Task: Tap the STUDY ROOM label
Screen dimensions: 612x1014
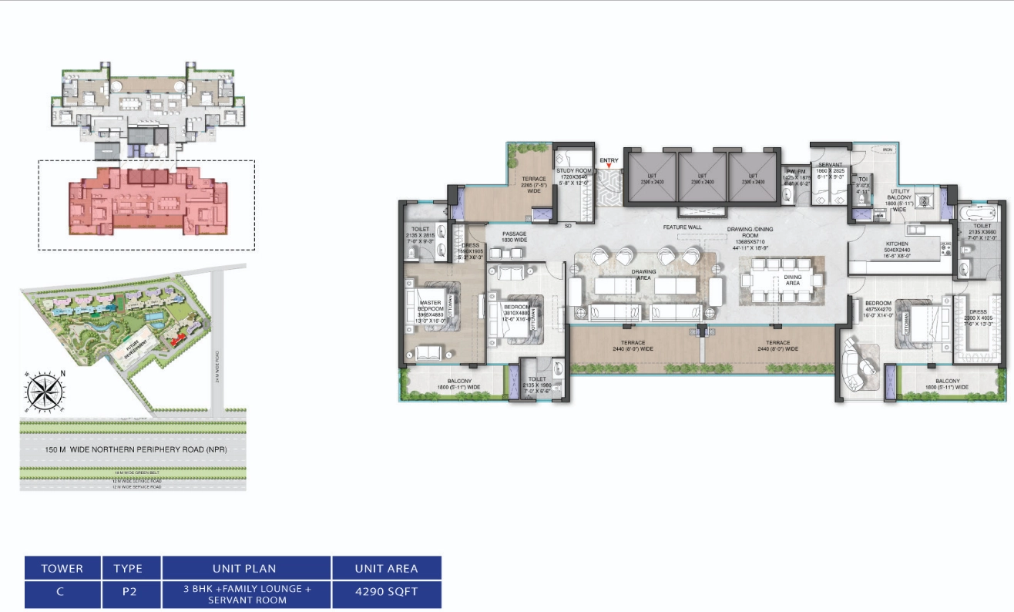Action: tap(572, 173)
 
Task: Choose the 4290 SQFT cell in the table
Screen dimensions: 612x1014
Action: tap(387, 594)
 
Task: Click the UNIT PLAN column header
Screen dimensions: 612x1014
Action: tap(247, 569)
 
